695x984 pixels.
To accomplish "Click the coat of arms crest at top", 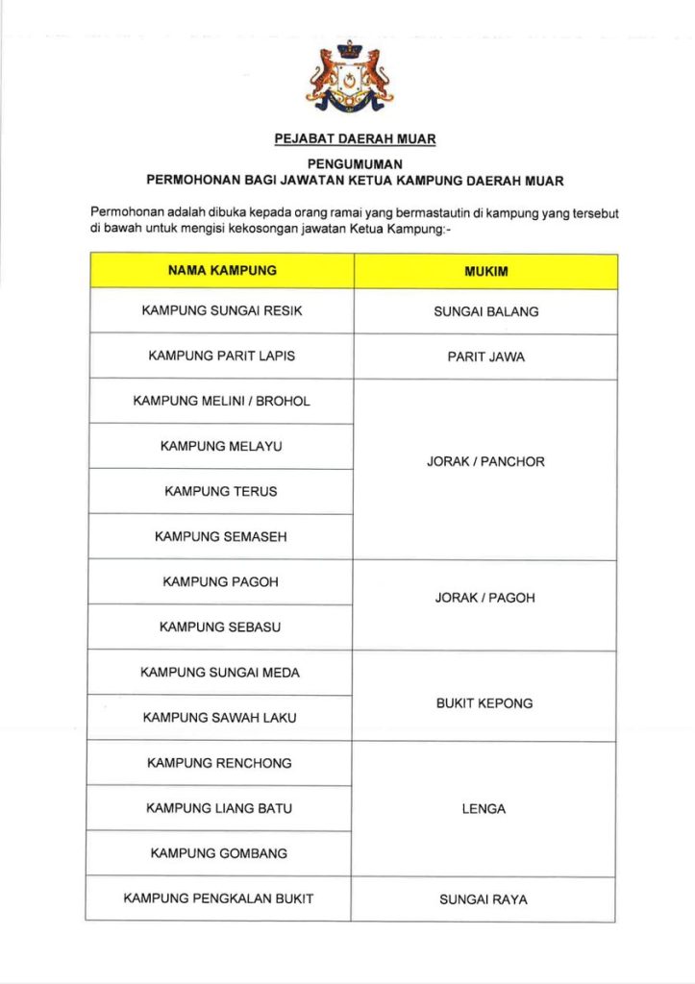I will point(348,77).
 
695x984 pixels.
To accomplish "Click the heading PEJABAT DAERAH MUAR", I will point(355,139).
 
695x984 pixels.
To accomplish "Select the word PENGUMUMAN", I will point(355,164).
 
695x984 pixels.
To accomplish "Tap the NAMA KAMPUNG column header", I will point(222,271).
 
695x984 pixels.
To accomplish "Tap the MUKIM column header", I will point(485,272).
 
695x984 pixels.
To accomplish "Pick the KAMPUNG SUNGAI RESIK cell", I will point(222,311).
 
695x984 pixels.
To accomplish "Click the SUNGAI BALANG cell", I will point(485,311).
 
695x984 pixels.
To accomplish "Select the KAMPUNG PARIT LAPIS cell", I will point(222,356).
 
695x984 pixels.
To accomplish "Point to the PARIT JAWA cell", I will point(485,357).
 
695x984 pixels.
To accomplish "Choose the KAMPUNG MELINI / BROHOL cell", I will point(222,401).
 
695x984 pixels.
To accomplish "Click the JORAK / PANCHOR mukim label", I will point(485,462).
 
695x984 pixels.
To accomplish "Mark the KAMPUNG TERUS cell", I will point(222,491).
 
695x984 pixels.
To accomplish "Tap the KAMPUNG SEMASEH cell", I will point(222,536).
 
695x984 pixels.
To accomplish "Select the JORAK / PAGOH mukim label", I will point(485,598).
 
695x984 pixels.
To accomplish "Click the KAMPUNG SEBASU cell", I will point(222,627).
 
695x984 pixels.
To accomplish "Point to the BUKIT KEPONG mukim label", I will point(484,703).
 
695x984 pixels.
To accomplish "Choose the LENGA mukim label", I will point(484,809).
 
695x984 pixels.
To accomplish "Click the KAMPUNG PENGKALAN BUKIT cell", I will point(219,898).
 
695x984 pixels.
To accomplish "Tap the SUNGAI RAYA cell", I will point(484,900).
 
